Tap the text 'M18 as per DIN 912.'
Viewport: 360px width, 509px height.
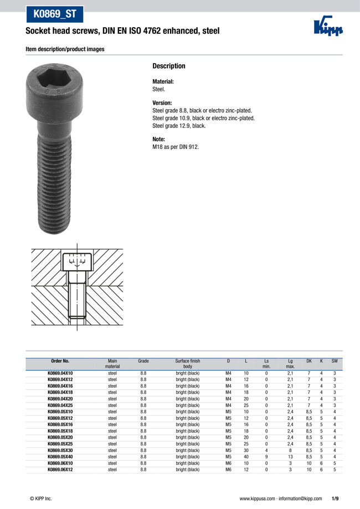(x=176, y=147)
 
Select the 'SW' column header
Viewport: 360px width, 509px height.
(x=335, y=361)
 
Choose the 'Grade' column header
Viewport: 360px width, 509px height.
(x=143, y=361)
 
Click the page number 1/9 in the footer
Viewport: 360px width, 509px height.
(x=336, y=498)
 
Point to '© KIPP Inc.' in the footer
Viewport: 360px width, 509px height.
(x=40, y=498)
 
